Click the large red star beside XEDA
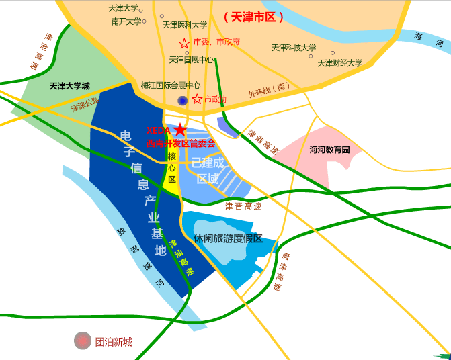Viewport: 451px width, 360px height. tap(180, 130)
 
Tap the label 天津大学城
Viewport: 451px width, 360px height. tap(69, 86)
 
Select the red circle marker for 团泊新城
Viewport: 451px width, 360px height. tap(83, 341)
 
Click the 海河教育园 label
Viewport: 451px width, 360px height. tap(330, 150)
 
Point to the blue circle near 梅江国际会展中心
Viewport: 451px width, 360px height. tap(182, 101)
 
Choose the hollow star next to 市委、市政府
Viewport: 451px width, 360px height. tap(184, 44)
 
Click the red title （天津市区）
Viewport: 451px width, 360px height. tap(253, 16)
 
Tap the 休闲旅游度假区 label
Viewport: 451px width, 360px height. tap(228, 238)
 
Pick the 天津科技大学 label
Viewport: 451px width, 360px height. tap(294, 48)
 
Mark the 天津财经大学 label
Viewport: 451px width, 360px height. tap(340, 63)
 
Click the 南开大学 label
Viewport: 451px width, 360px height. tap(126, 21)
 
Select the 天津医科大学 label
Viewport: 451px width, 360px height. tap(185, 25)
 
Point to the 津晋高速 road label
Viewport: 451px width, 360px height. tap(243, 206)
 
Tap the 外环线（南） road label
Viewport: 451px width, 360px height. tap(269, 90)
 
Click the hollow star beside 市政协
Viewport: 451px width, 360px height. tap(197, 99)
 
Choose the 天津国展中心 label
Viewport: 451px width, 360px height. tap(192, 60)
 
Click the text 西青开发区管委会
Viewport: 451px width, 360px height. tap(181, 143)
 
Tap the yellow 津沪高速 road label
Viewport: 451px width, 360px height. tap(181, 259)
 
